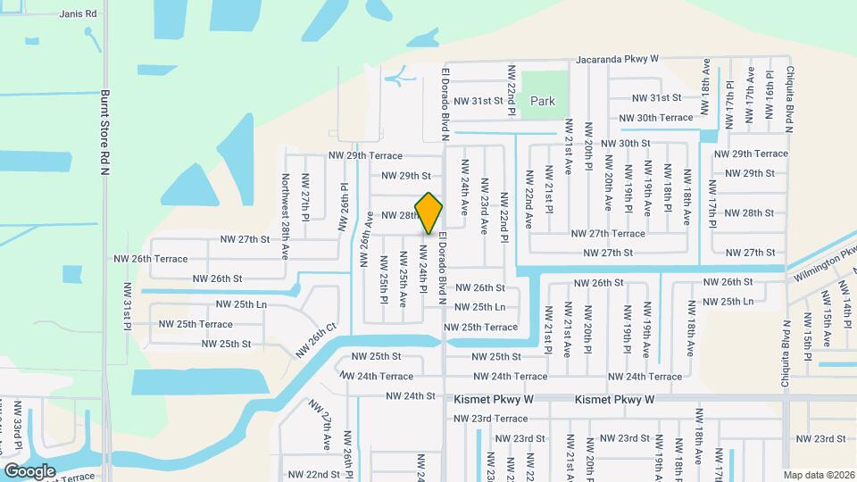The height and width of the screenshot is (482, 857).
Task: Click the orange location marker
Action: (x=429, y=212)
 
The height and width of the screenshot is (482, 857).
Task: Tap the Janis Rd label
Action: (x=78, y=14)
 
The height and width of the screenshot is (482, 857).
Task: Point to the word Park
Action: (x=543, y=102)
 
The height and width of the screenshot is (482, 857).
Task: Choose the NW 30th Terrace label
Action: (x=656, y=118)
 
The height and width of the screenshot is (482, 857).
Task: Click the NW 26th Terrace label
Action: (x=151, y=259)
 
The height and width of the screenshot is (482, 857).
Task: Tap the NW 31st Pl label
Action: (x=128, y=307)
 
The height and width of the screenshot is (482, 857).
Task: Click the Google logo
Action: (x=30, y=470)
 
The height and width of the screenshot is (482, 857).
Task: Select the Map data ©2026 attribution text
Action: (x=818, y=475)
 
